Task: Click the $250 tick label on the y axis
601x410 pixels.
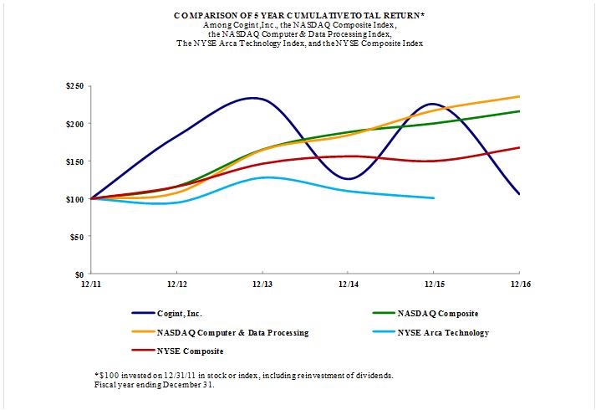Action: click(74, 86)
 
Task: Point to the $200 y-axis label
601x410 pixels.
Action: click(74, 124)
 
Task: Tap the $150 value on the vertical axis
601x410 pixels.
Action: click(74, 161)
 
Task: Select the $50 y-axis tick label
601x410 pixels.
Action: click(76, 237)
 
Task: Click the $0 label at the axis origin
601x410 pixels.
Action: click(79, 274)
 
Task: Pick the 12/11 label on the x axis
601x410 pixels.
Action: click(90, 284)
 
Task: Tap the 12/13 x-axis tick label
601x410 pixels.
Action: click(262, 284)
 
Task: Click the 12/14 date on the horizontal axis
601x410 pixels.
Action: click(348, 284)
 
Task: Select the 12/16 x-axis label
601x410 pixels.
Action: click(519, 284)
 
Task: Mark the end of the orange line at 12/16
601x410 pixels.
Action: click(519, 96)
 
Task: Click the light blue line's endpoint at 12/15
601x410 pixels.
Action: click(433, 198)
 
